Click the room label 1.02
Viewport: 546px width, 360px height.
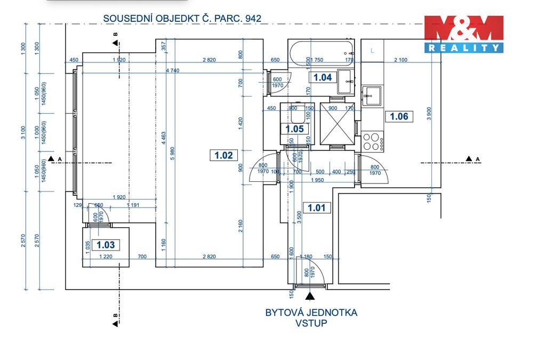pyautogui.click(x=224, y=155)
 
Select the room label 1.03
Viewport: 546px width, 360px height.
pyautogui.click(x=106, y=245)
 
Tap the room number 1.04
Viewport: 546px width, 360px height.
pyautogui.click(x=322, y=77)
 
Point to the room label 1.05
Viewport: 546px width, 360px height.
pyautogui.click(x=294, y=129)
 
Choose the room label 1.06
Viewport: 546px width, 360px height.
pyautogui.click(x=399, y=116)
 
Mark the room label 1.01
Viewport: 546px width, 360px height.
pyautogui.click(x=316, y=207)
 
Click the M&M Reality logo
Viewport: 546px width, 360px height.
pyautogui.click(x=463, y=34)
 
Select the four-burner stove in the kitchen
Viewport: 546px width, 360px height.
pyautogui.click(x=372, y=142)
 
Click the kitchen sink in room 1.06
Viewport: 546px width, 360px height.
pyautogui.click(x=372, y=96)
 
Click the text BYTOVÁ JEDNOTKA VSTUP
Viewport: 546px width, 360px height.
pyautogui.click(x=311, y=318)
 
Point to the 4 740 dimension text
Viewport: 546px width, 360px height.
pyautogui.click(x=172, y=70)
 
